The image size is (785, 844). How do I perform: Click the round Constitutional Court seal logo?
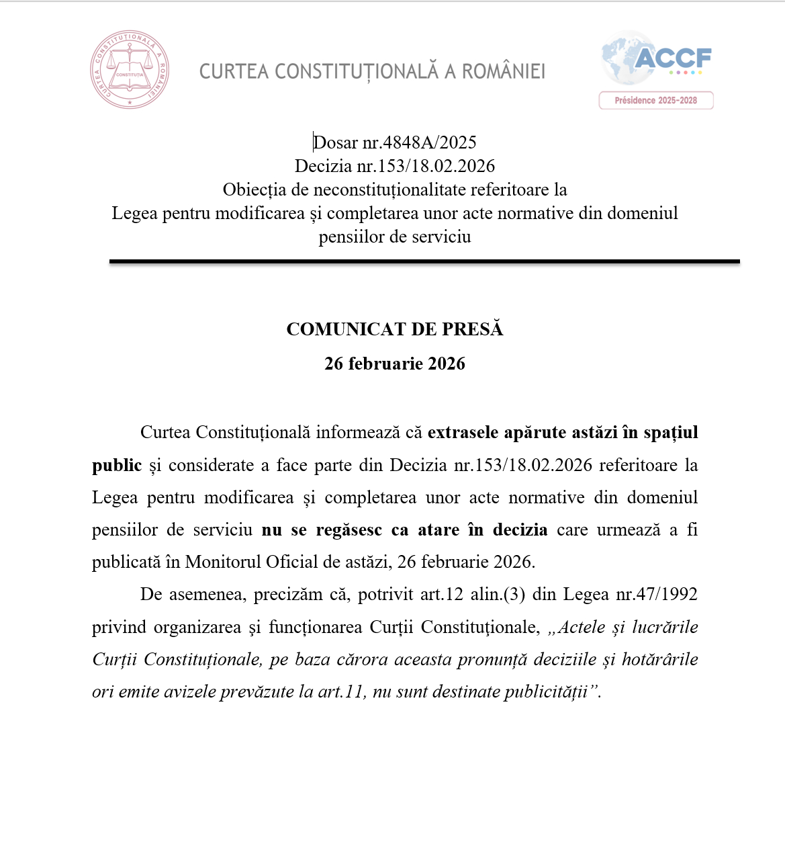[130, 69]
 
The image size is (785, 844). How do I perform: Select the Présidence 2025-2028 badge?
[656, 101]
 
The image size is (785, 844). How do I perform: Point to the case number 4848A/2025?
[429, 142]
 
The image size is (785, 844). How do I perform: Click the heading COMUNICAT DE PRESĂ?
[395, 329]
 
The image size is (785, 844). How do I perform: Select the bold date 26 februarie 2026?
[395, 364]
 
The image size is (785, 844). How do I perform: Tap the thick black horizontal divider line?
[424, 261]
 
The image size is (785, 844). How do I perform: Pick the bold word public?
[117, 465]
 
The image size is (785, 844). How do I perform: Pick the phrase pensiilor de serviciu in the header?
[395, 237]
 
